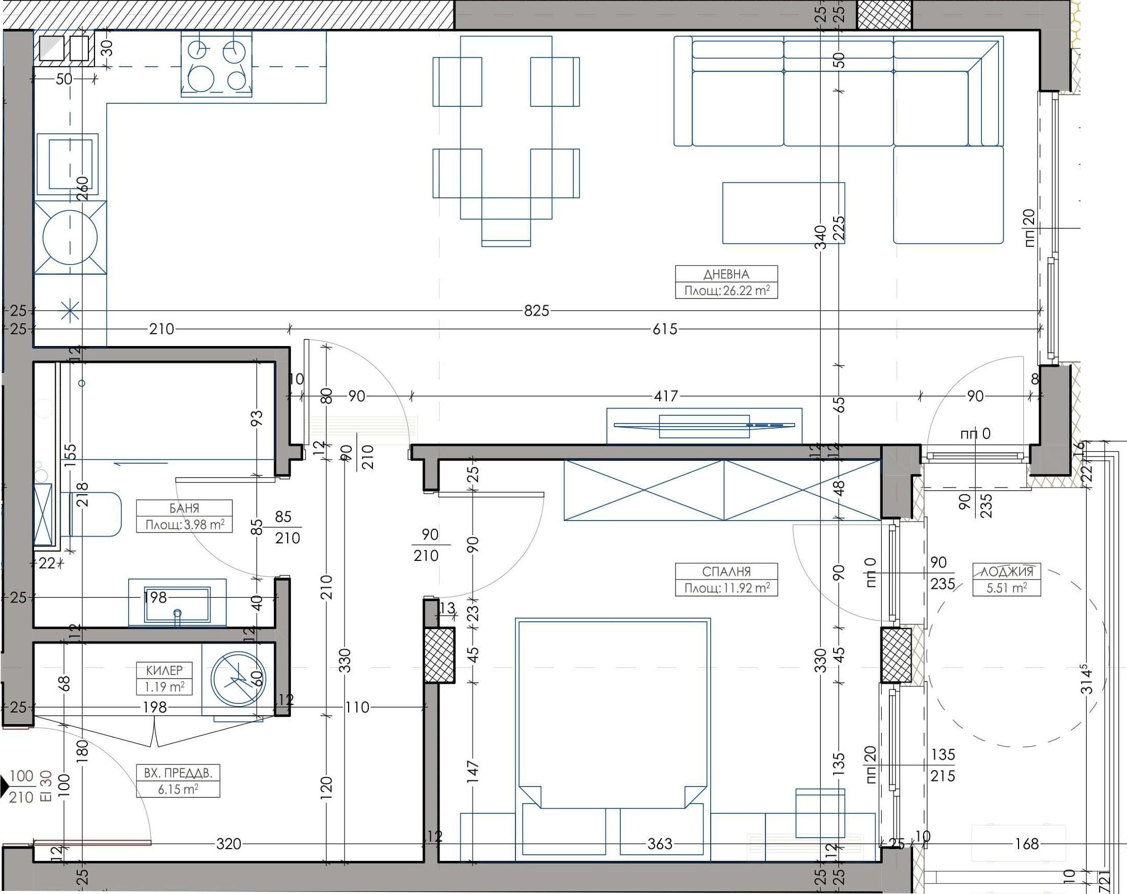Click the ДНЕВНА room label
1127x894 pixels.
click(726, 274)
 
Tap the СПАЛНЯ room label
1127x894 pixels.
click(726, 571)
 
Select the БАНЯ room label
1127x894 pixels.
click(184, 508)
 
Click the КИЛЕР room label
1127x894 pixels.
click(164, 670)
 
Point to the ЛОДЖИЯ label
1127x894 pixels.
click(1006, 571)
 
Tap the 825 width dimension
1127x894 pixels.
click(537, 310)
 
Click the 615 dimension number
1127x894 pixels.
click(665, 329)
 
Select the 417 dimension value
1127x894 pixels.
click(666, 396)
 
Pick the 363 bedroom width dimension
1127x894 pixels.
click(660, 844)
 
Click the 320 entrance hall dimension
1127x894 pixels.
click(228, 844)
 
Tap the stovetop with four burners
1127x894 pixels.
click(216, 64)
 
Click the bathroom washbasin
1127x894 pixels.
click(178, 603)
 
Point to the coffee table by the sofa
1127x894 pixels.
click(784, 213)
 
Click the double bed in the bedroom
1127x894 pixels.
click(613, 740)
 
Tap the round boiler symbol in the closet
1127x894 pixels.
click(238, 679)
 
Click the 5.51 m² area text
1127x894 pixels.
click(1007, 588)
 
